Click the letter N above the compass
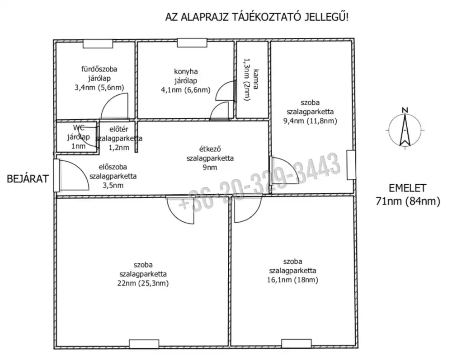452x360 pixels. (405, 110)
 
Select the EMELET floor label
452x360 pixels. (407, 188)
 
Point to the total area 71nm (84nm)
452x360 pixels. (408, 201)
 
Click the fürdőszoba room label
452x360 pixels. (99, 69)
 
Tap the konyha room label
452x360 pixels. (186, 72)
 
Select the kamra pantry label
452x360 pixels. (256, 79)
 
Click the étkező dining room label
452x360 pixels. (210, 149)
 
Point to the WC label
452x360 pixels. (79, 128)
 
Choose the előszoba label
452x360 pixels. (113, 167)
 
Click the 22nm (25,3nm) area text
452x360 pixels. (143, 283)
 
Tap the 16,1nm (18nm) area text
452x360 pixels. (292, 280)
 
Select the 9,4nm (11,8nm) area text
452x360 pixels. (310, 121)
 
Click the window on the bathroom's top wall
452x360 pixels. (98, 43)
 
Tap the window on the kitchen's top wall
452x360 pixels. (192, 43)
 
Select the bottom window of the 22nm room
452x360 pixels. (144, 344)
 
